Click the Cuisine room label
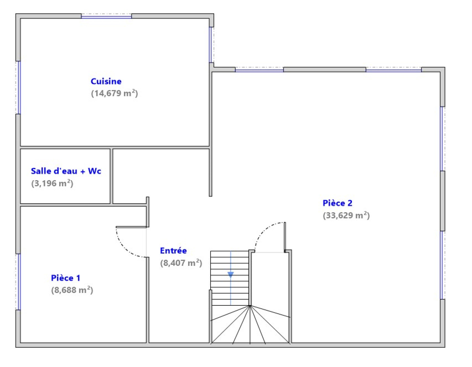click(106, 81)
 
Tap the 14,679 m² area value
click(114, 93)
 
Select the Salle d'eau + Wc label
click(66, 171)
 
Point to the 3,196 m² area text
click(52, 183)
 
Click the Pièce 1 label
click(65, 278)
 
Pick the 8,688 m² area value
click(72, 290)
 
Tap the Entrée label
click(173, 251)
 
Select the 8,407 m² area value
click(181, 263)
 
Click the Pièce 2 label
click(337, 203)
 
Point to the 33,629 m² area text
click(346, 215)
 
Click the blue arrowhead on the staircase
click(231, 274)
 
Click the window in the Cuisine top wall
click(106, 16)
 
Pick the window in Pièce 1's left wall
click(19, 282)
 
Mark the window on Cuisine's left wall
click(19, 88)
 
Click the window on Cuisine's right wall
click(211, 45)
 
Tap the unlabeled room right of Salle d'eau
click(161, 176)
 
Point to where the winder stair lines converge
click(250, 306)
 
